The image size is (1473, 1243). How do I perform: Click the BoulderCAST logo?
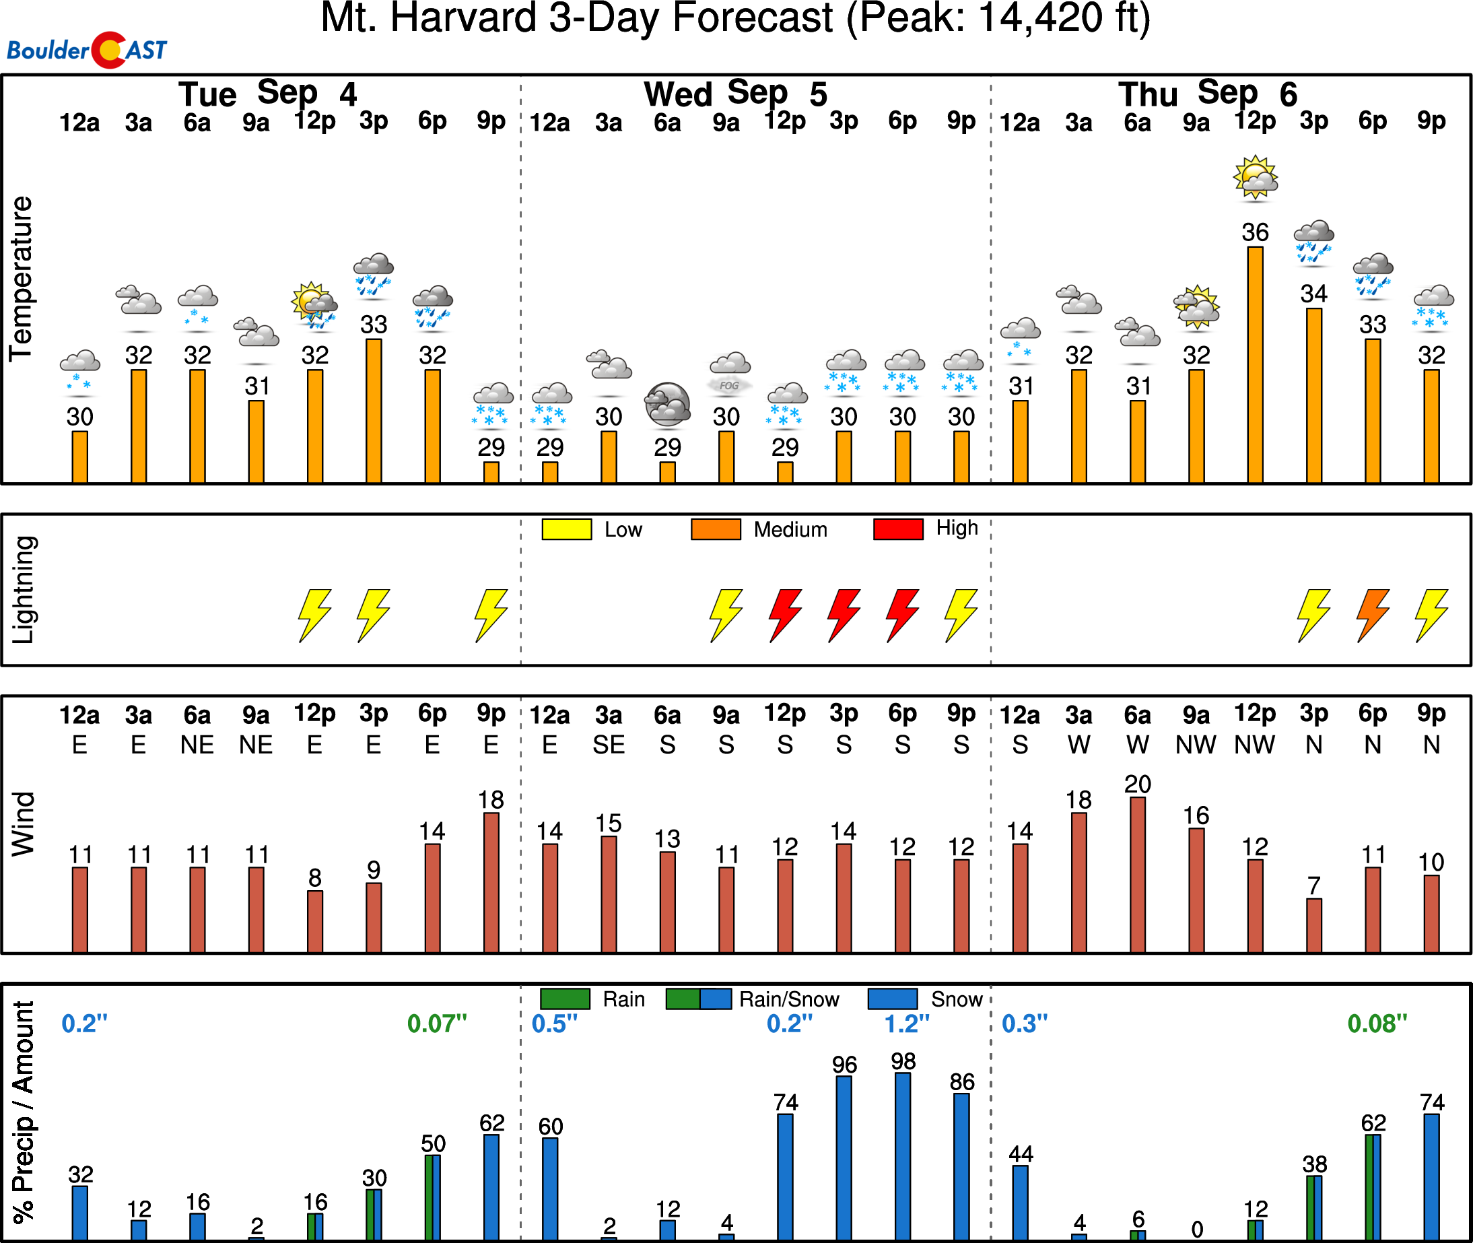coord(87,50)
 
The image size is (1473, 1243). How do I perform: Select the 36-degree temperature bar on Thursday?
coord(1255,364)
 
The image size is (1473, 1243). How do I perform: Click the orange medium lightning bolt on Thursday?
coord(1372,615)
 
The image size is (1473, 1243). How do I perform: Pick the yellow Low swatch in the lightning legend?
coord(566,529)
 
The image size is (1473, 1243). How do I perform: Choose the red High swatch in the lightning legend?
coord(898,529)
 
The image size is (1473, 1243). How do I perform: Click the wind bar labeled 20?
coord(1137,875)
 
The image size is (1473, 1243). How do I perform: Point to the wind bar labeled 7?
coord(1314,925)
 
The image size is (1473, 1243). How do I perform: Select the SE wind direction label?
coord(609,745)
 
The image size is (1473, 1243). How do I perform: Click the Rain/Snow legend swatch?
coord(698,999)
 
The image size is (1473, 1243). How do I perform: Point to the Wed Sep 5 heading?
coord(735,94)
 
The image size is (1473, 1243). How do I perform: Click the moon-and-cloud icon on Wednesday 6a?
coord(667,405)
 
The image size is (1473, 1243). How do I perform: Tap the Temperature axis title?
coord(21,279)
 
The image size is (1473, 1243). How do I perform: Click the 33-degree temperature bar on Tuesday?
coord(374,411)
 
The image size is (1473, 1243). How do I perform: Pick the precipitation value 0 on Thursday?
coord(1197,1230)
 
